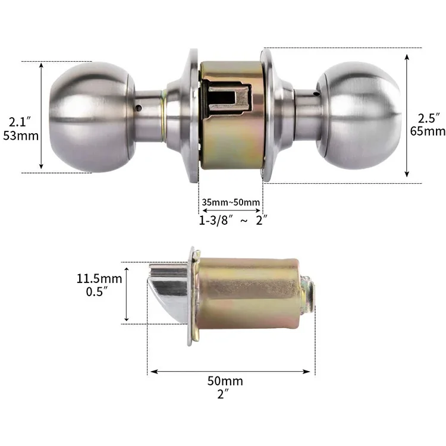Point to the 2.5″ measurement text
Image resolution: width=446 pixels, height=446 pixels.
click(x=429, y=118)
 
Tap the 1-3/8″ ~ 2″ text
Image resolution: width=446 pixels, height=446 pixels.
click(x=233, y=221)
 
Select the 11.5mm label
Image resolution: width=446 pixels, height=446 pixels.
click(x=99, y=278)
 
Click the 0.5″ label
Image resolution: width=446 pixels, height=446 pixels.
click(x=96, y=291)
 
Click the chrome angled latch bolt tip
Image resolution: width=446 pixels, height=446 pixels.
click(x=167, y=290)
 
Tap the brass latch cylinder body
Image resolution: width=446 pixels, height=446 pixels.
click(x=247, y=294)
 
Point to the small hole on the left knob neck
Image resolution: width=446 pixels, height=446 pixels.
click(x=139, y=109)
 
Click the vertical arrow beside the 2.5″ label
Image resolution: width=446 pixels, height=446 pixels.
click(x=407, y=116)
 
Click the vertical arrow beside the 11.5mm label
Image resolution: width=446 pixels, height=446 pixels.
click(x=127, y=293)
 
